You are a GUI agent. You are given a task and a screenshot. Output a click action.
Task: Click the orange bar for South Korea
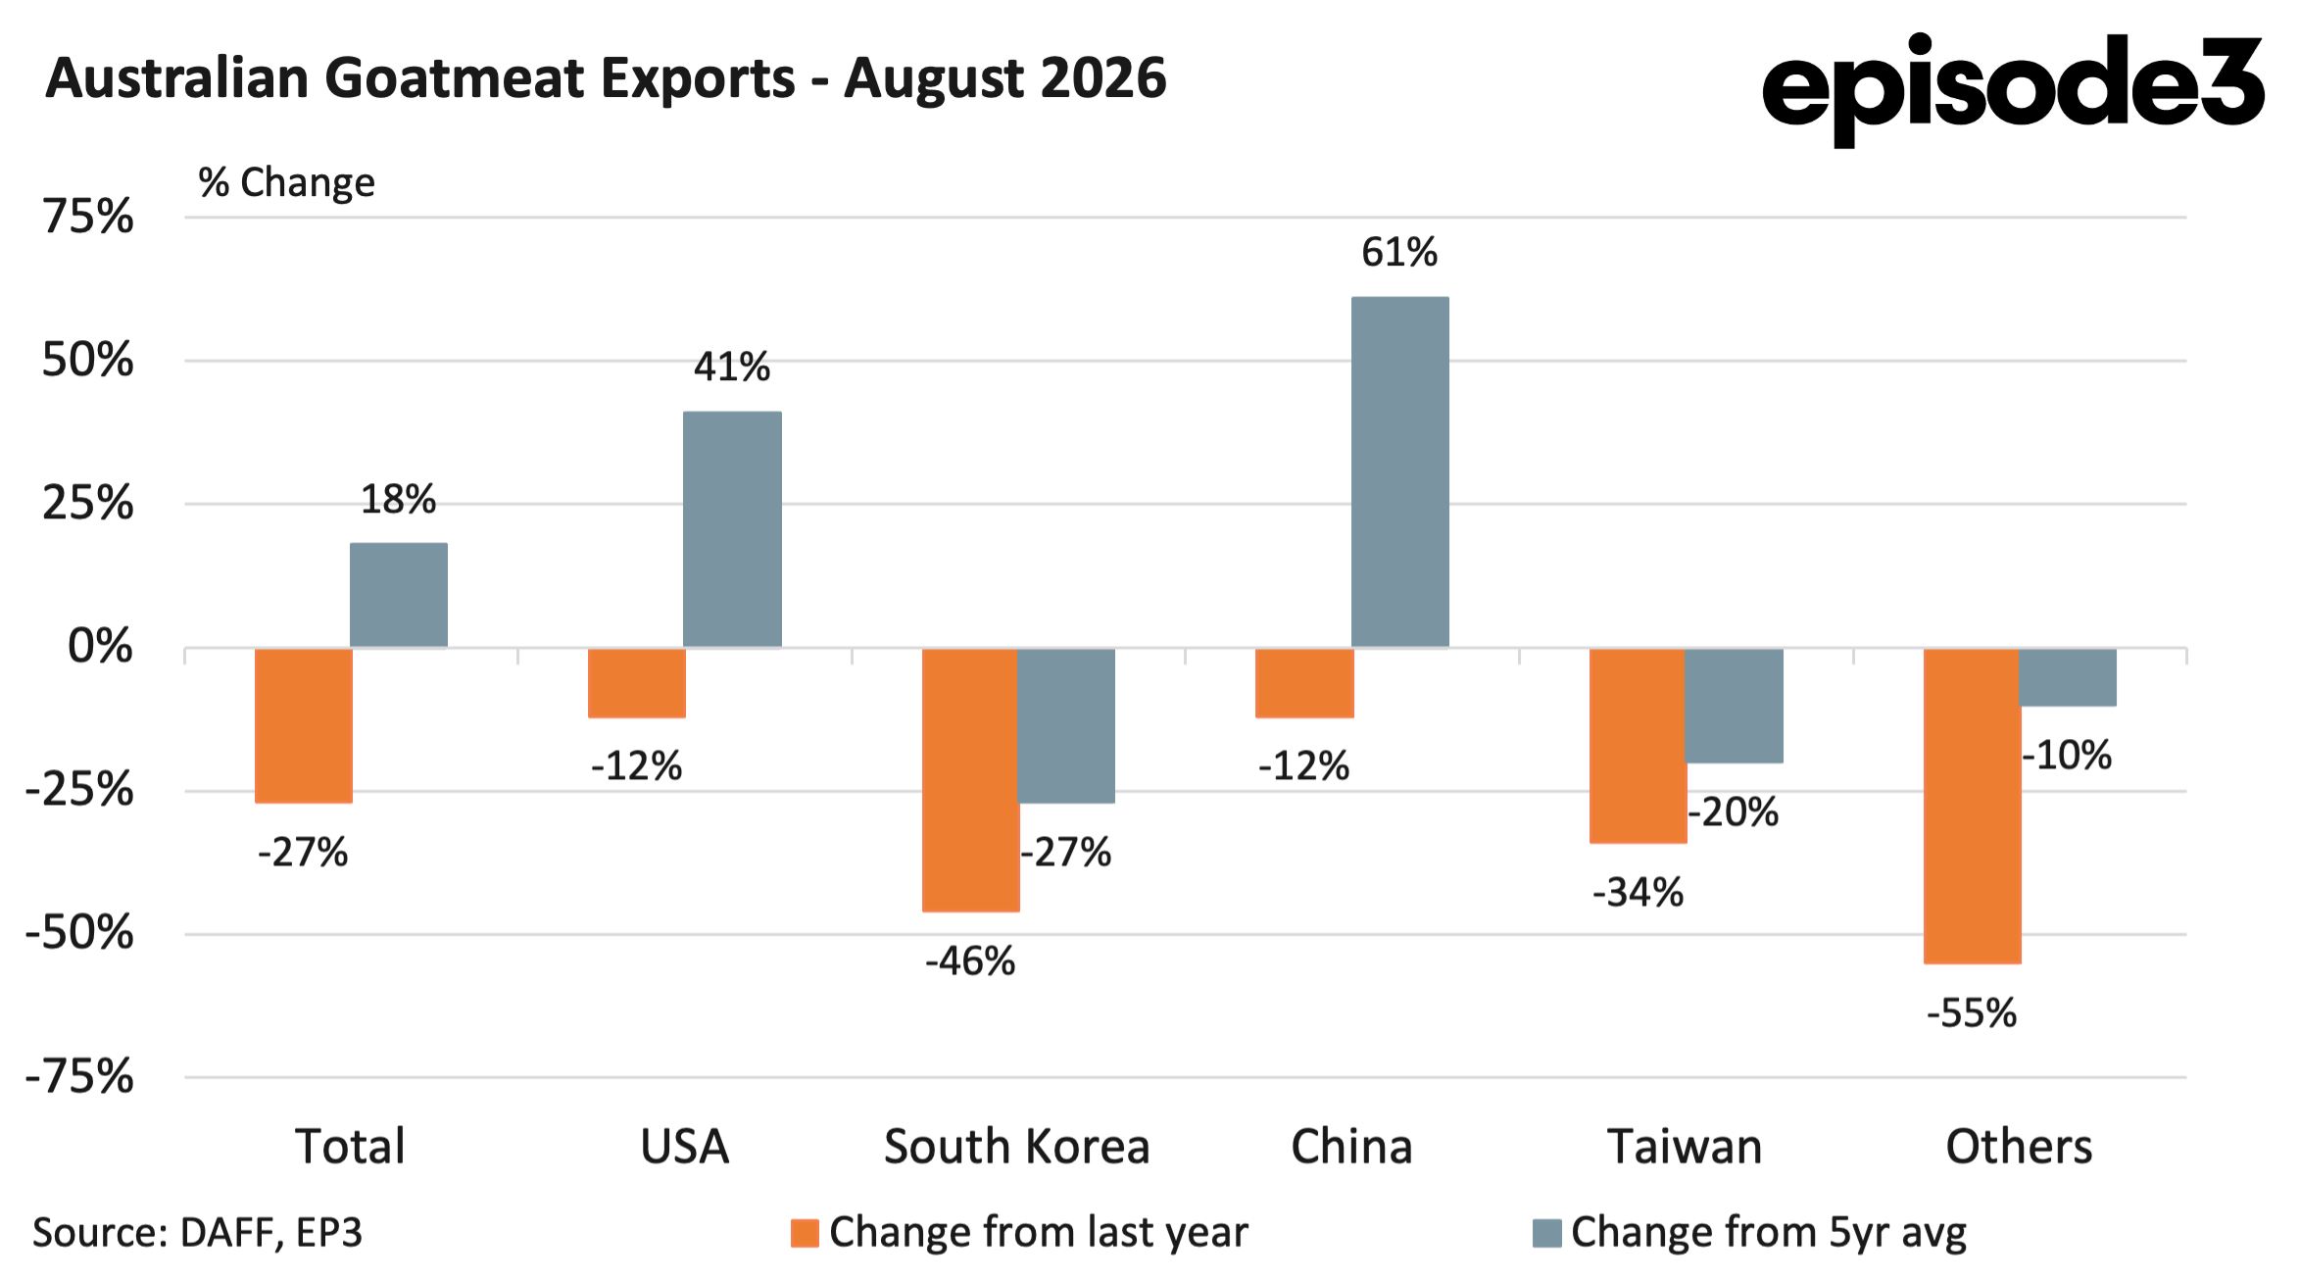click(971, 780)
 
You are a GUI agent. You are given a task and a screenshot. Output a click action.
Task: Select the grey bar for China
click(1400, 471)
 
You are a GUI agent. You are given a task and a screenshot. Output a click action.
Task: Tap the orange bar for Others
click(1973, 806)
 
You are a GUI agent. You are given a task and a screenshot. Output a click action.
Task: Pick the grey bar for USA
click(732, 529)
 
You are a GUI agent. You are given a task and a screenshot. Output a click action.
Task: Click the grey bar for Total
click(399, 595)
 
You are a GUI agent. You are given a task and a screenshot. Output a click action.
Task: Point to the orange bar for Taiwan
click(1639, 745)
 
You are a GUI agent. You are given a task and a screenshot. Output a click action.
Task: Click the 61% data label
click(1399, 253)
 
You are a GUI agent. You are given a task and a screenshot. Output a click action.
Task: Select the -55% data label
click(1972, 1013)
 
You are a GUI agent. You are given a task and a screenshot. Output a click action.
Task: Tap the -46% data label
click(970, 961)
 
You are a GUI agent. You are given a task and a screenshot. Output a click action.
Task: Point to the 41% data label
click(732, 367)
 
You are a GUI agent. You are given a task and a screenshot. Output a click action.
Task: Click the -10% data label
click(2067, 756)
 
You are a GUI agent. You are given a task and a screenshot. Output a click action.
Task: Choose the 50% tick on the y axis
click(87, 361)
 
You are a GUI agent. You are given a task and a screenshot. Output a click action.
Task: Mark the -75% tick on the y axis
click(79, 1077)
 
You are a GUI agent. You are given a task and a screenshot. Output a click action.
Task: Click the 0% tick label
click(100, 647)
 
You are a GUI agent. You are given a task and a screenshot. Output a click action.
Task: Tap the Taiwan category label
click(1686, 1147)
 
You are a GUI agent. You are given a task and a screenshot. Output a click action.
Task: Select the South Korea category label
click(1017, 1147)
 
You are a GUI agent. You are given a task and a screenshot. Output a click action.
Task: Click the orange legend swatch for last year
click(805, 1233)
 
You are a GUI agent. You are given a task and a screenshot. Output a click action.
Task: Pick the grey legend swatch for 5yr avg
click(1546, 1233)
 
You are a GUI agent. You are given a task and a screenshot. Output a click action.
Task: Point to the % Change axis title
click(286, 182)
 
